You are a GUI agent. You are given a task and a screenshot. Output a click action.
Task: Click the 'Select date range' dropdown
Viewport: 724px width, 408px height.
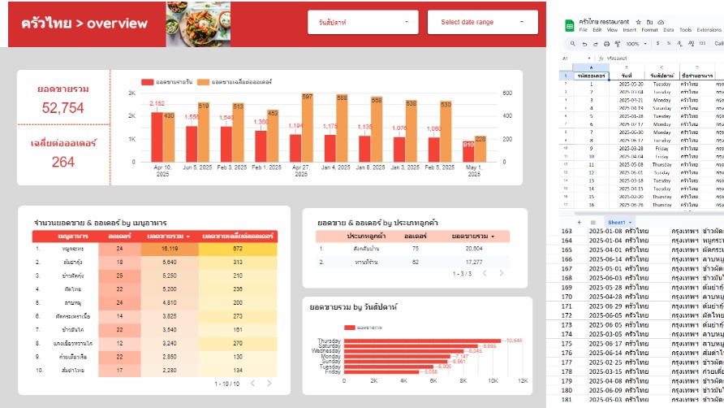(x=482, y=22)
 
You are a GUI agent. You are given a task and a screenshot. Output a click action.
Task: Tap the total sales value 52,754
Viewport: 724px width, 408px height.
(x=63, y=108)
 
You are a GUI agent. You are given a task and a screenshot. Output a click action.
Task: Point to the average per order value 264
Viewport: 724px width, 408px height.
(x=63, y=162)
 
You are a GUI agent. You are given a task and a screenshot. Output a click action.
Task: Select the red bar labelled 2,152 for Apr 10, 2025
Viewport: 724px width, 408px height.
(x=157, y=137)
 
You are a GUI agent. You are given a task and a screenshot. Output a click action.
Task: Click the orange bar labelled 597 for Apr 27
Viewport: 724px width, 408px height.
(x=307, y=128)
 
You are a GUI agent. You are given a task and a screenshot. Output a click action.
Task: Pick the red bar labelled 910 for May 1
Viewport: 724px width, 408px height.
(x=468, y=154)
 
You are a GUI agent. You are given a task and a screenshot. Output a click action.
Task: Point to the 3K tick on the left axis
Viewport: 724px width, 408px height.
(x=131, y=93)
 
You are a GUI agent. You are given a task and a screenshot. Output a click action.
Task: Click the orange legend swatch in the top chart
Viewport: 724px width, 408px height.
(x=205, y=82)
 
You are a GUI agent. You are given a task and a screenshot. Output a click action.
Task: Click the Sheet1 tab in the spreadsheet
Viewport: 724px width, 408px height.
(x=615, y=221)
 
